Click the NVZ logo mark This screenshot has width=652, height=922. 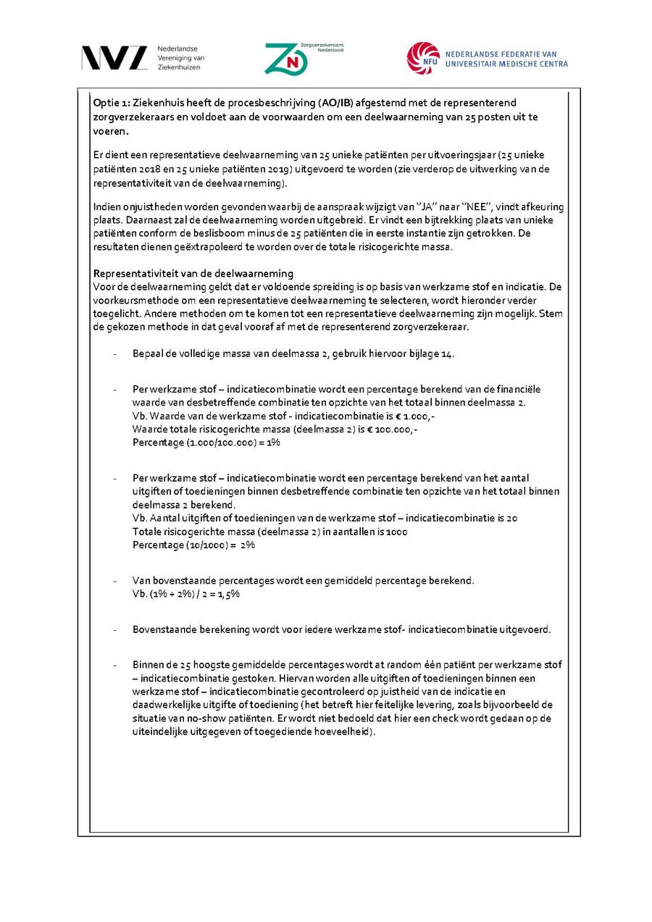114,58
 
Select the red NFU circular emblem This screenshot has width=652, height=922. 423,58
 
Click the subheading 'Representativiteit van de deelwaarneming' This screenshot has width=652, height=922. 193,273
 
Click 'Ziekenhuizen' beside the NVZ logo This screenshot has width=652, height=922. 178,67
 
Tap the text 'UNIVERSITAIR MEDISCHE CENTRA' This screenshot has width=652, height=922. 506,64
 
